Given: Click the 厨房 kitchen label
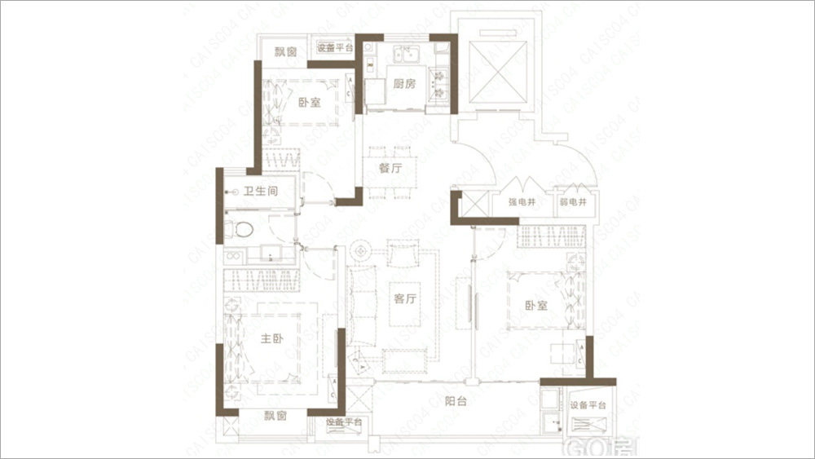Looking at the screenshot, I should coord(405,84).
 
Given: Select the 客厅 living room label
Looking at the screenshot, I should coord(405,298).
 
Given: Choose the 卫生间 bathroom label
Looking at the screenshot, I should coord(262,192).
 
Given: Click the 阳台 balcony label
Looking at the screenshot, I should coord(456,400).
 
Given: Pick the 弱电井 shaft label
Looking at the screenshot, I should coord(573,202).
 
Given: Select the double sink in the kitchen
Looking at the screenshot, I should coord(404,55).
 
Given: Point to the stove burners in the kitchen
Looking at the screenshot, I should coord(441,80).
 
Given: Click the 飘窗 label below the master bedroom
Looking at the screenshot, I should coord(275,416).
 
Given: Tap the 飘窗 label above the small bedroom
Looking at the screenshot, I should coord(284,51).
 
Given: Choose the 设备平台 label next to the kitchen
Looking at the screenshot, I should coord(334,48).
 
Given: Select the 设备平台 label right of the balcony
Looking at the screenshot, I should coord(588,406).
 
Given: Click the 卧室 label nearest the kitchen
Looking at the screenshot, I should coord(309,103).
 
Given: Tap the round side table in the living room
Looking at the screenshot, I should coord(363,249).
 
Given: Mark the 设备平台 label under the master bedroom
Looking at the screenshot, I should coord(343,422).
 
